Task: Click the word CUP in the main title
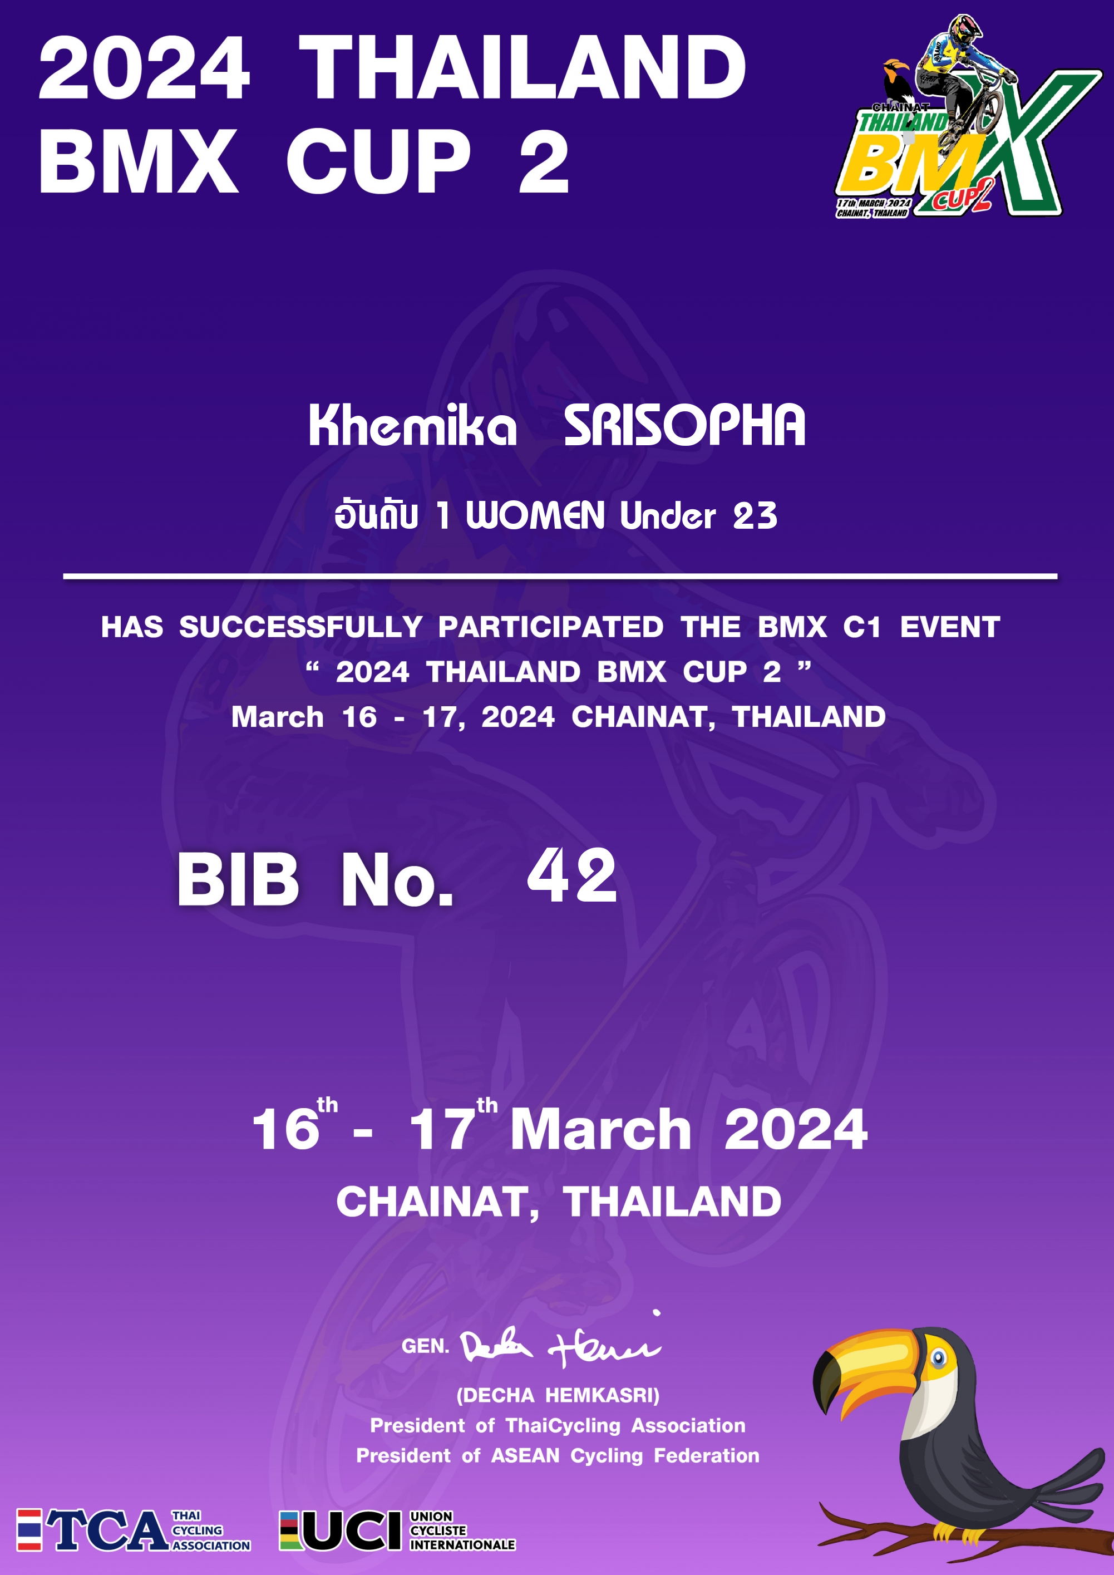[378, 162]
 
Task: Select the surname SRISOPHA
[684, 425]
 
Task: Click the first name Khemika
[412, 425]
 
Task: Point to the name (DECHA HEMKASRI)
[558, 1395]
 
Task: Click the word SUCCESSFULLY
[301, 627]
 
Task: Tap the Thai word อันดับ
[376, 515]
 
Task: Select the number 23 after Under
[755, 516]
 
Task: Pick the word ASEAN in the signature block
[525, 1456]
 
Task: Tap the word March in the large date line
[601, 1130]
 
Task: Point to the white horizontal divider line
[560, 576]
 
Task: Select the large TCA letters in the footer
[107, 1530]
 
